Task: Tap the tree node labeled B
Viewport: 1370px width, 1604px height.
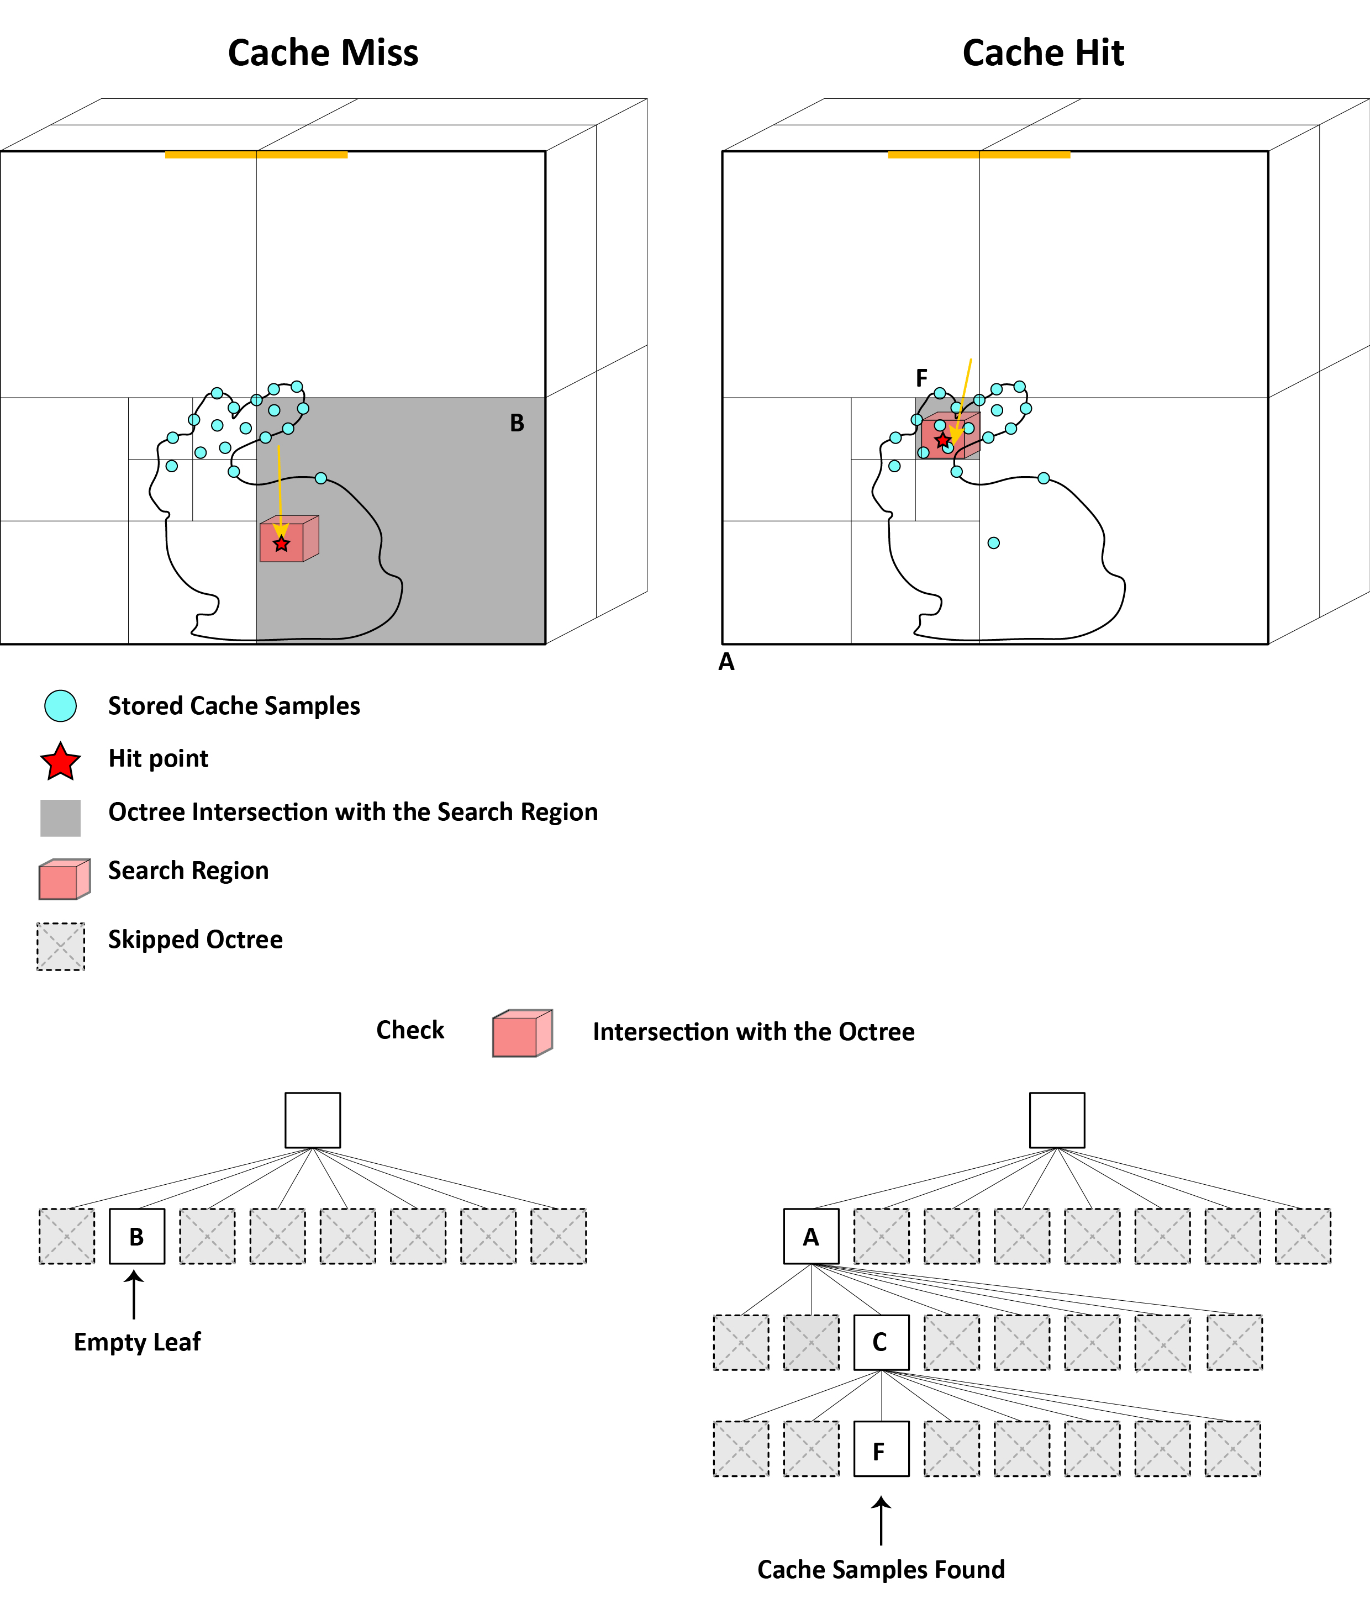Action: tap(136, 1236)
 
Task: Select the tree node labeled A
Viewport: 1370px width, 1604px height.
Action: tap(811, 1236)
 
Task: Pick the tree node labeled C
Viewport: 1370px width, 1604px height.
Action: tap(881, 1342)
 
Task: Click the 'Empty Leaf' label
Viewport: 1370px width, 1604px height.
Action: tap(137, 1342)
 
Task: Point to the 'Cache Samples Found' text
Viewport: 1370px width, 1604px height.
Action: tap(881, 1569)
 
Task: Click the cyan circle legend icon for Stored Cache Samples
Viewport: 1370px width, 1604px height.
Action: tap(60, 706)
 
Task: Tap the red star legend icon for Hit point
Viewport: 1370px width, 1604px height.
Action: tap(60, 762)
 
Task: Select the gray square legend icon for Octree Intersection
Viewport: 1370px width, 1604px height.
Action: tap(60, 817)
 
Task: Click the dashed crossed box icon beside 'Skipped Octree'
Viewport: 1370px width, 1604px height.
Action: tap(60, 946)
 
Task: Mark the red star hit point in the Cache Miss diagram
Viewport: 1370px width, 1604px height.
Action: tap(281, 544)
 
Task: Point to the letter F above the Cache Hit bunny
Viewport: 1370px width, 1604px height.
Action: tap(921, 378)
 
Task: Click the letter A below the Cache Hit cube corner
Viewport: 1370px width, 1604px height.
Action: tap(726, 662)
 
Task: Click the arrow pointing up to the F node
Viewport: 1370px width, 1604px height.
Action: tap(881, 1521)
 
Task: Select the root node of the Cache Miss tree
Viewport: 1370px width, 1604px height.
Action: tap(312, 1120)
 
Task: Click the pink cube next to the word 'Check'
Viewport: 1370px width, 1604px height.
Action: tap(523, 1033)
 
